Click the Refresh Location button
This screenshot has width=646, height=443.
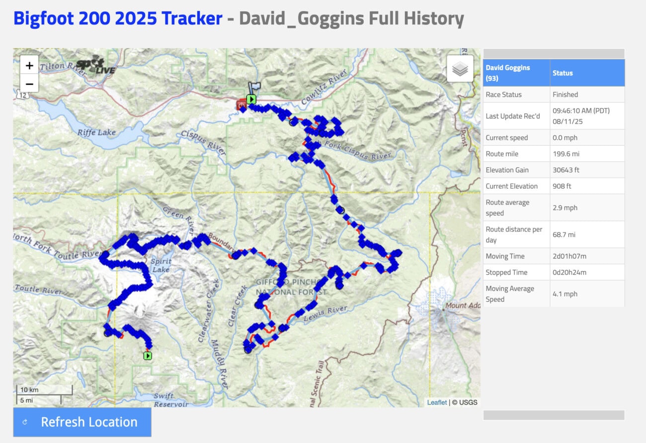pos(82,422)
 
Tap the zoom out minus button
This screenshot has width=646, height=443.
pos(29,84)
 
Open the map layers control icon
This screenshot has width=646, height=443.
pos(460,69)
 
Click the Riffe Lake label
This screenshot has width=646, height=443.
pos(96,132)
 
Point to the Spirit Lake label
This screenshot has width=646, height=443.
pos(160,265)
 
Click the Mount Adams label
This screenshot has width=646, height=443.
pos(463,306)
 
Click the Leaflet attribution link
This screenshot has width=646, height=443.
pos(437,402)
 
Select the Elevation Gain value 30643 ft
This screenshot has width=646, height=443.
pos(566,170)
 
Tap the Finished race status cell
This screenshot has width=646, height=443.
pos(565,95)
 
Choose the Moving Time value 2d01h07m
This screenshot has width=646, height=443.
pos(569,256)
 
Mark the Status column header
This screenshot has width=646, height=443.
pos(563,73)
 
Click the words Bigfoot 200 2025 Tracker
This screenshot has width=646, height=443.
pos(118,18)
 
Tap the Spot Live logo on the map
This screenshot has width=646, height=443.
pos(95,65)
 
